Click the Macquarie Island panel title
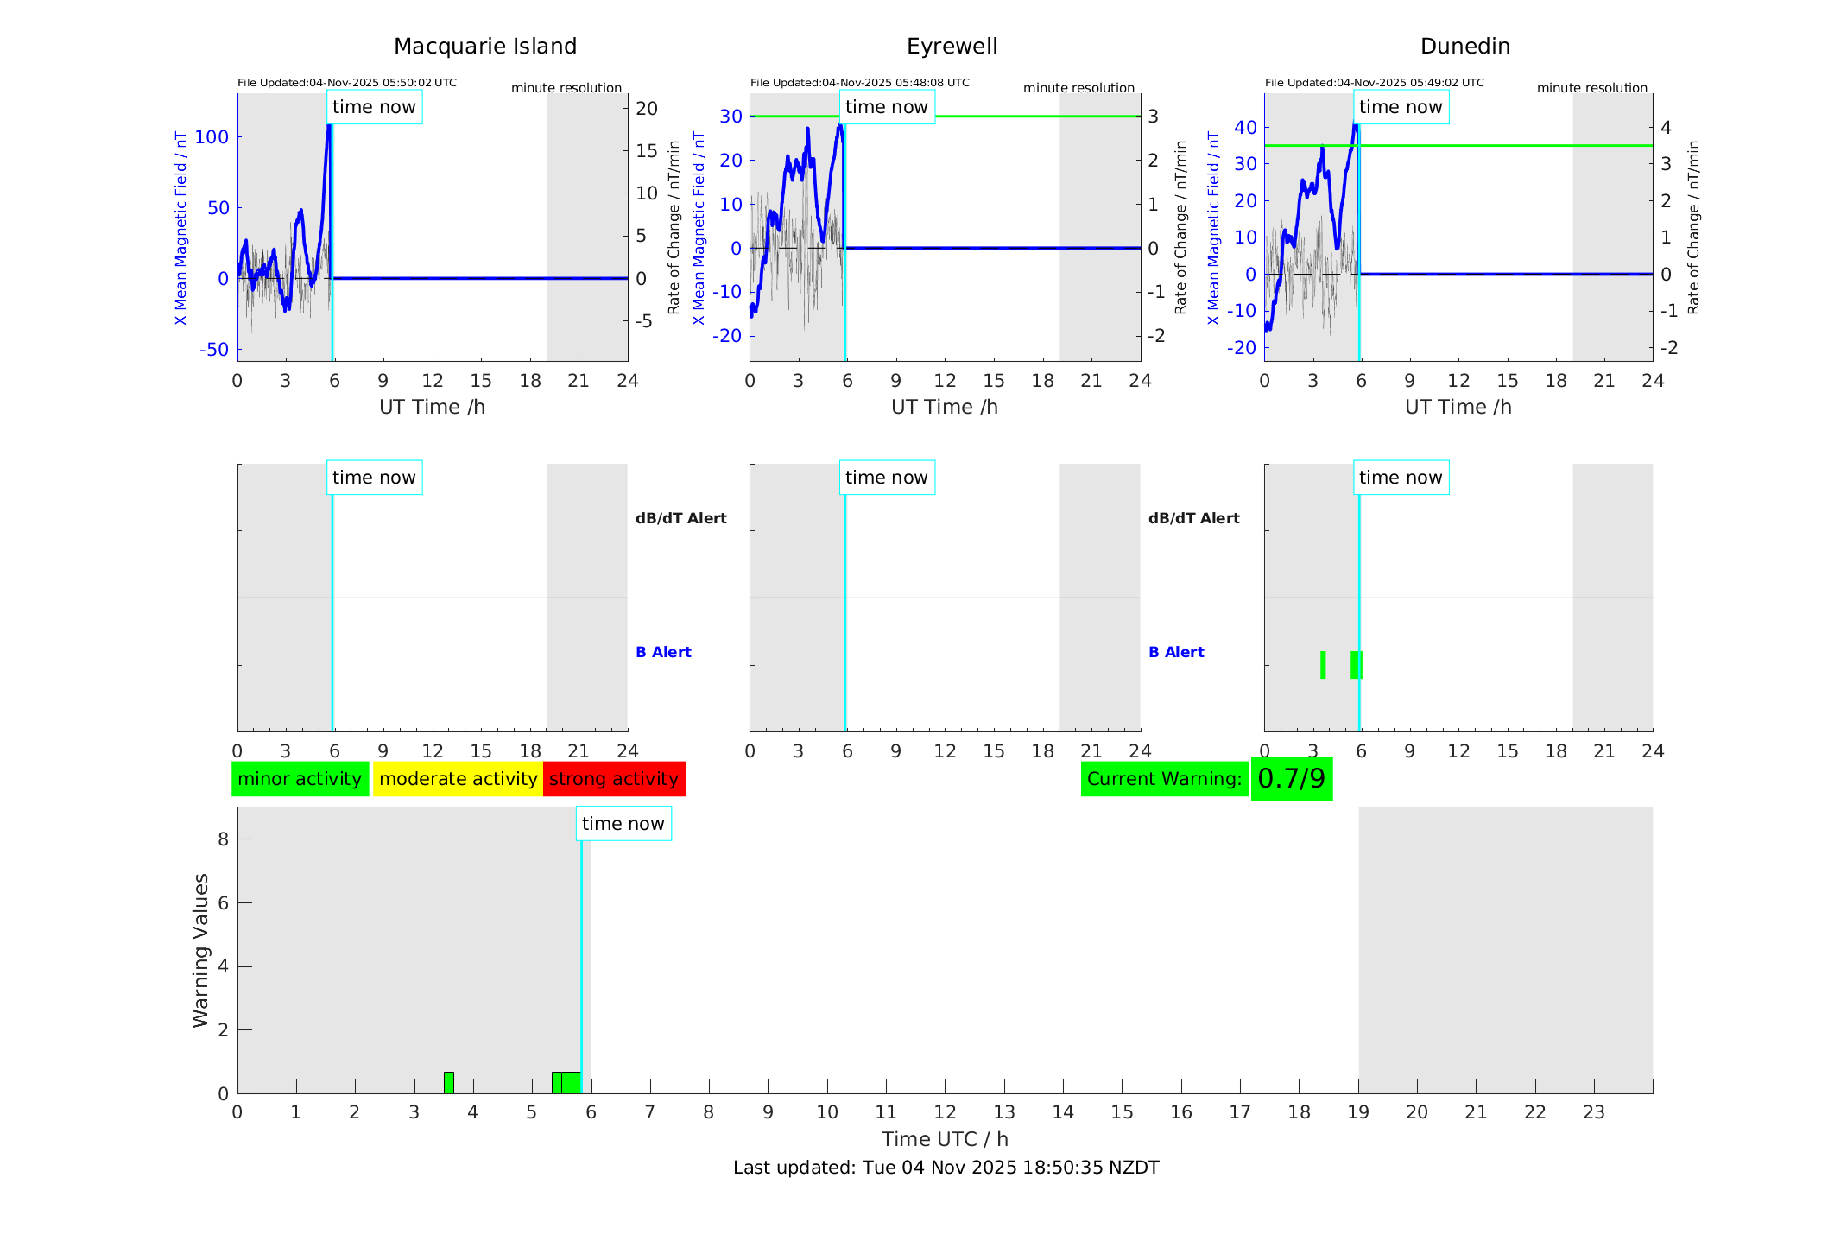pyautogui.click(x=485, y=47)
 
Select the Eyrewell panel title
pyautogui.click(x=952, y=47)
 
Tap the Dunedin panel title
pyautogui.click(x=1464, y=47)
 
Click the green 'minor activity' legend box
pyautogui.click(x=300, y=779)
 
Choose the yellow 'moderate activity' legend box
pyautogui.click(x=458, y=779)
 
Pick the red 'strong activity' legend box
pyautogui.click(x=614, y=779)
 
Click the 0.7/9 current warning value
pyautogui.click(x=1291, y=779)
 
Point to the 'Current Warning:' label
pyautogui.click(x=1164, y=779)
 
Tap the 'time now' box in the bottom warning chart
pyautogui.click(x=623, y=824)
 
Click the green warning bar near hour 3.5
pyautogui.click(x=449, y=1082)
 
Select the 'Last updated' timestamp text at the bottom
pyautogui.click(x=946, y=1168)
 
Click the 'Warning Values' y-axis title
pyautogui.click(x=201, y=950)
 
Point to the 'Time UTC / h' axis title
pyautogui.click(x=945, y=1139)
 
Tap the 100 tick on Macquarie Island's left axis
pyautogui.click(x=212, y=137)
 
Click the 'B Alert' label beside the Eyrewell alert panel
pyautogui.click(x=1176, y=652)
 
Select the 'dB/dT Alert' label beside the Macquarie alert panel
pyautogui.click(x=680, y=518)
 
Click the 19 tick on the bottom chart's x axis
pyautogui.click(x=1358, y=1112)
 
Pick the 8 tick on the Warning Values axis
pyautogui.click(x=224, y=839)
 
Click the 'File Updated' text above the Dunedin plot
pyautogui.click(x=1374, y=83)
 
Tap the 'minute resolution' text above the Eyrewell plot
pyautogui.click(x=1078, y=88)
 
